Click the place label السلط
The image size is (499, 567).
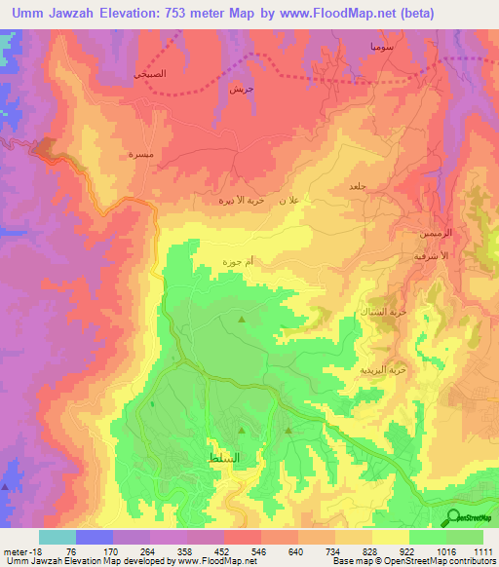point(224,457)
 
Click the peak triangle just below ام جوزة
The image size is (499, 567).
point(243,319)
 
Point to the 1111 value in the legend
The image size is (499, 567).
point(481,550)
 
